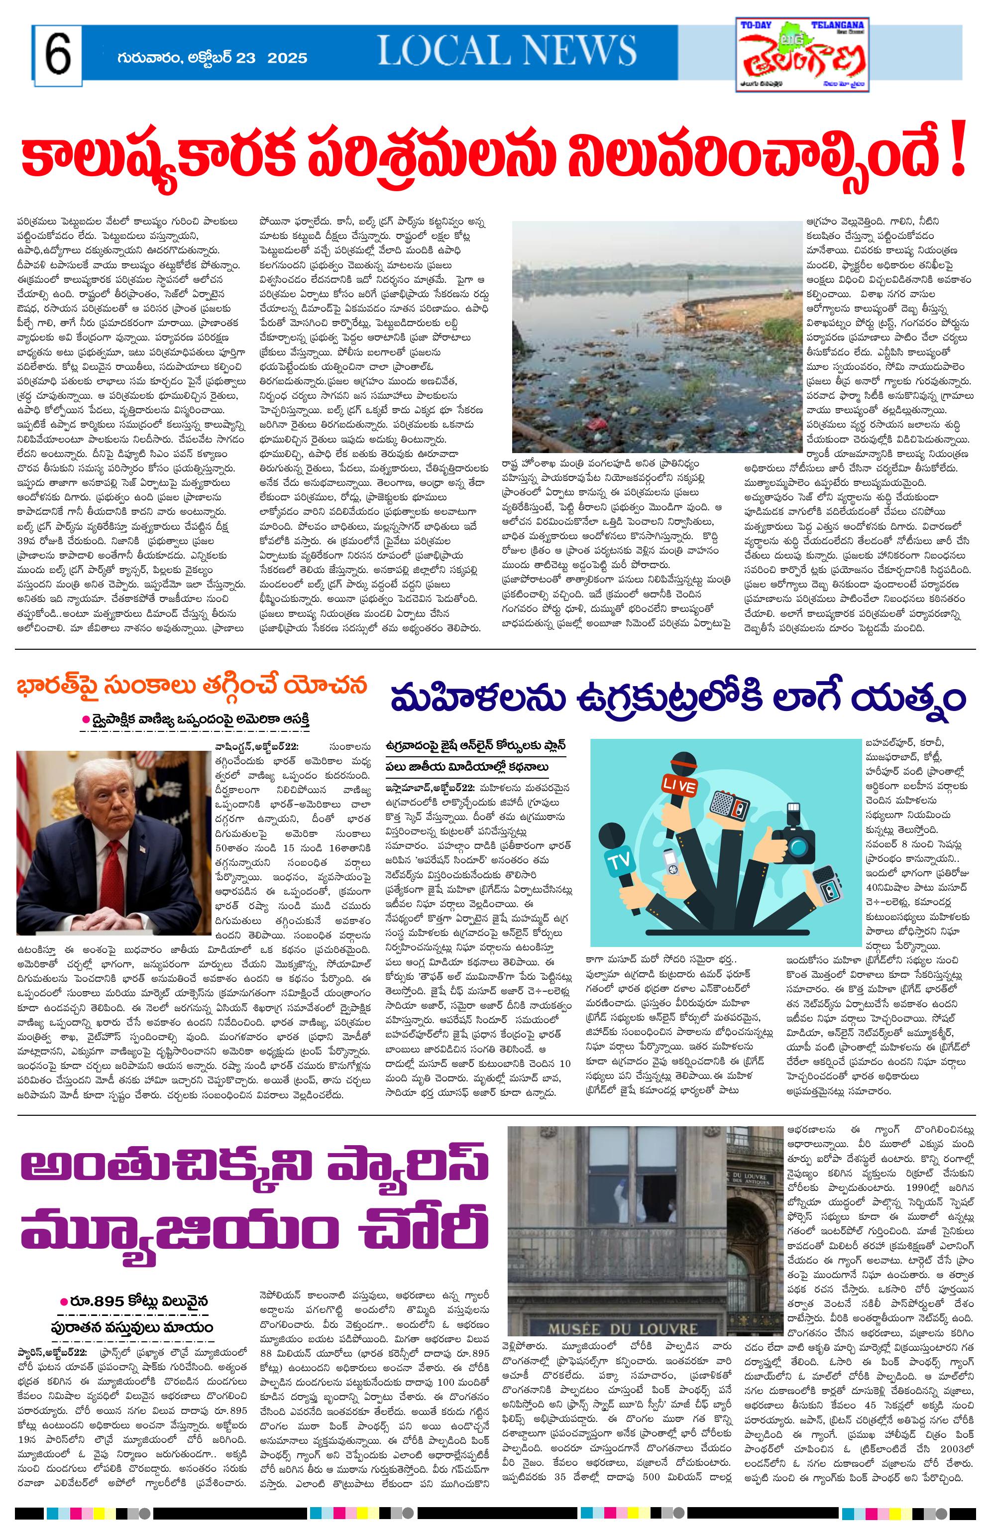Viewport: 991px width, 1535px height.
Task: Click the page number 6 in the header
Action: click(58, 56)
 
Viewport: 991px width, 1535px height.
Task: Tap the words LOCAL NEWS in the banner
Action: click(507, 51)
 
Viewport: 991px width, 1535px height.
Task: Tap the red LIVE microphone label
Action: click(681, 787)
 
